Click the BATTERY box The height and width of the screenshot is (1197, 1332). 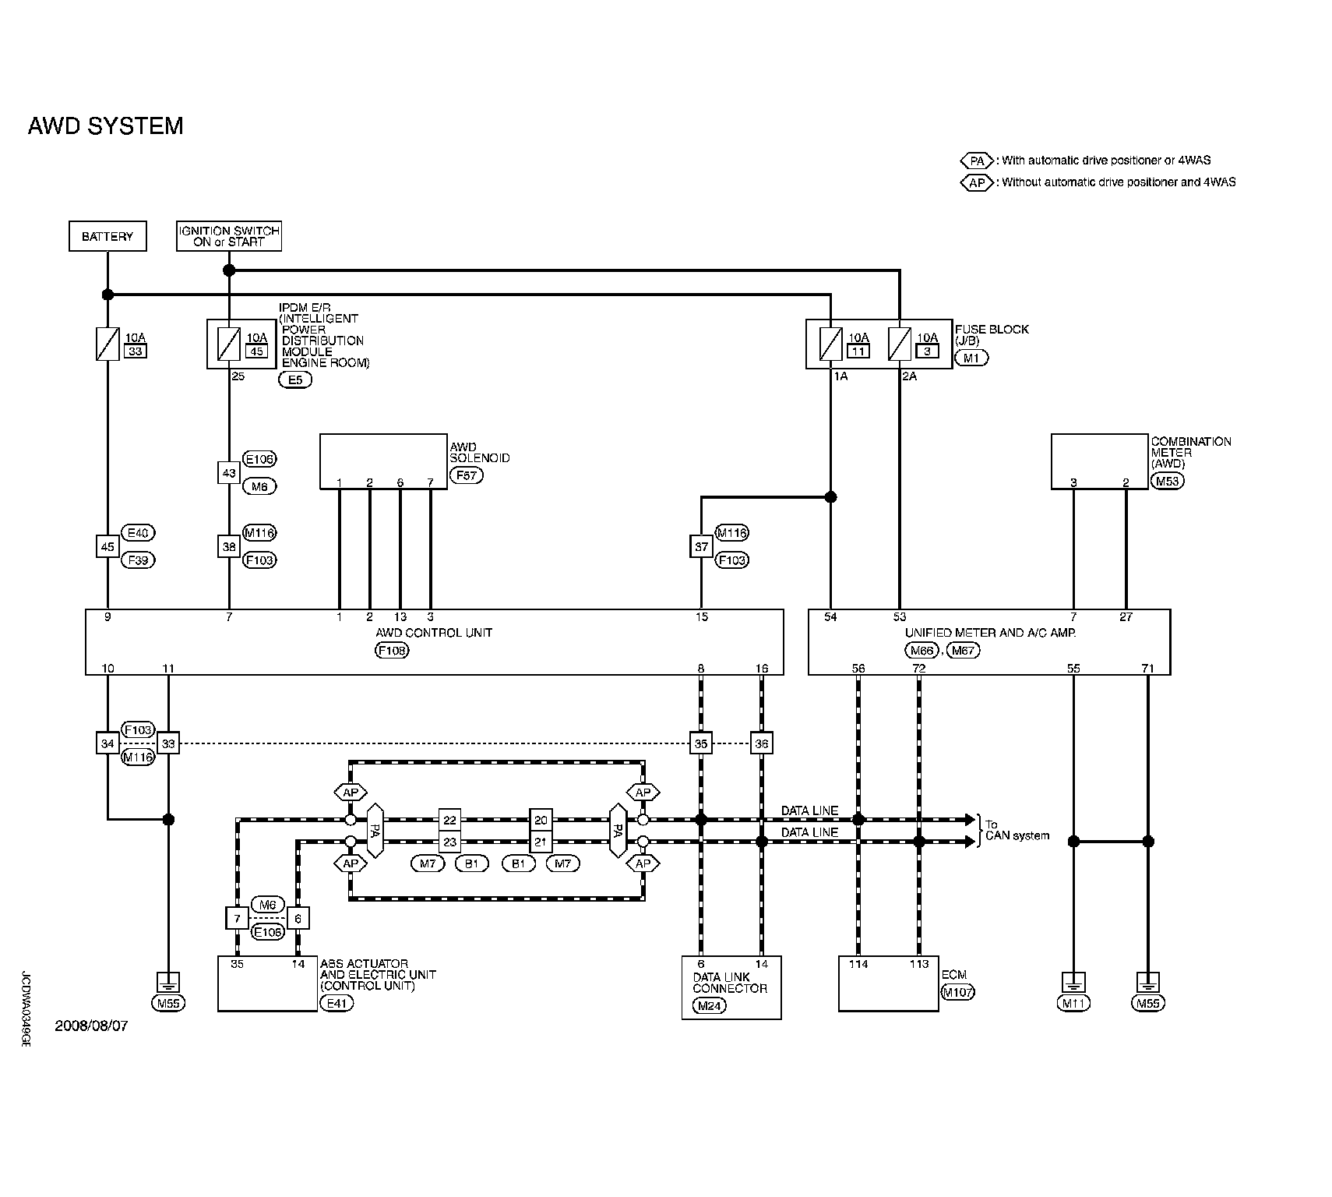pos(107,236)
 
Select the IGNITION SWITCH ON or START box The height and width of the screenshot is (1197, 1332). pos(229,236)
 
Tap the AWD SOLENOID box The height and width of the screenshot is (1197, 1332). pos(383,462)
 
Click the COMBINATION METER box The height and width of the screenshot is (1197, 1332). pos(1099,461)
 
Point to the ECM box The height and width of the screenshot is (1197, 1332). pos(888,983)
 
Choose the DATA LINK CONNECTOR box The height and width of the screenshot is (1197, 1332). pos(731,987)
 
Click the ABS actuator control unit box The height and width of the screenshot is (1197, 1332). pos(268,983)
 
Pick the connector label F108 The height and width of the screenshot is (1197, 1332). pos(392,650)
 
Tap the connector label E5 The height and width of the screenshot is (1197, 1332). pos(295,380)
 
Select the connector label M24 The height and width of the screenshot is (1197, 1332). pos(710,1005)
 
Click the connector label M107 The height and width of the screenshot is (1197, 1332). pos(957,992)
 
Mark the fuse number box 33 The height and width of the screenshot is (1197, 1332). pos(136,351)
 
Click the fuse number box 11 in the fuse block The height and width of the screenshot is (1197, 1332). pos(858,351)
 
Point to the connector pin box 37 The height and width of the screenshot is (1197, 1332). pos(701,546)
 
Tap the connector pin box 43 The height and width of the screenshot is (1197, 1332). pos(228,472)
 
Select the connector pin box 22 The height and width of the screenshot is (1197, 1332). pos(449,820)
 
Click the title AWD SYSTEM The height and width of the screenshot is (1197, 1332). pos(105,126)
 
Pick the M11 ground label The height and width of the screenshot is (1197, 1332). pos(1073,1003)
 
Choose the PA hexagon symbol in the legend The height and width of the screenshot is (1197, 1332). pos(977,161)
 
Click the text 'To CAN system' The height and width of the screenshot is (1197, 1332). pos(1017,830)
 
